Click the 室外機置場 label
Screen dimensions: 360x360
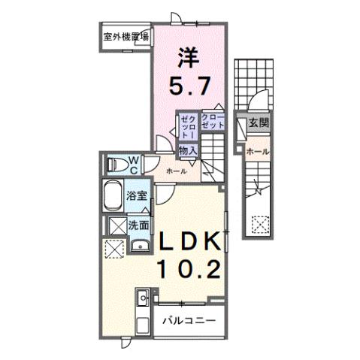pyautogui.click(x=125, y=35)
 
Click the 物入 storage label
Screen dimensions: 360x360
pyautogui.click(x=188, y=150)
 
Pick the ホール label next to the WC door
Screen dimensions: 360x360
pyautogui.click(x=177, y=171)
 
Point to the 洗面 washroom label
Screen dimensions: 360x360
pyautogui.click(x=137, y=224)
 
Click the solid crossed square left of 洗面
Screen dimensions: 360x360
pyautogui.click(x=116, y=225)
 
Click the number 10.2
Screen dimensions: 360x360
pyautogui.click(x=189, y=268)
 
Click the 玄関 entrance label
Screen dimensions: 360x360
pyautogui.click(x=259, y=123)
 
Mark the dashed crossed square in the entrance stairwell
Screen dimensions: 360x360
pyautogui.click(x=260, y=223)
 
